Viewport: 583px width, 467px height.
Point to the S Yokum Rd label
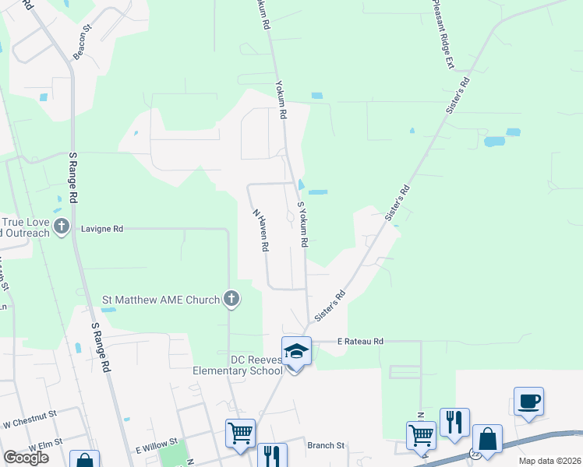(303, 224)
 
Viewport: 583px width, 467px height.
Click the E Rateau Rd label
(360, 341)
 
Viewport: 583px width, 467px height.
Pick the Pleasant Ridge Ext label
(442, 35)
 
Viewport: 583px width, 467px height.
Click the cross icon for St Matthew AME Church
(231, 298)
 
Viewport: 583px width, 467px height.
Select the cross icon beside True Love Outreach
(63, 228)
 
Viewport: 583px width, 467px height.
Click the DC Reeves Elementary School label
(238, 365)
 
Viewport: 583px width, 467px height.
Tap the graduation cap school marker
(296, 352)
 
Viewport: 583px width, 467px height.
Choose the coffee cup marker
(528, 402)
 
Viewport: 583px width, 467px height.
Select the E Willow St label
(159, 448)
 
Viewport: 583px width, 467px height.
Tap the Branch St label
(326, 445)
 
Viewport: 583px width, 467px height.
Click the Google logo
(26, 458)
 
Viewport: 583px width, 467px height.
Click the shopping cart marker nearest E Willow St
(240, 433)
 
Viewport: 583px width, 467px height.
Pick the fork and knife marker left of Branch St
(272, 455)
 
